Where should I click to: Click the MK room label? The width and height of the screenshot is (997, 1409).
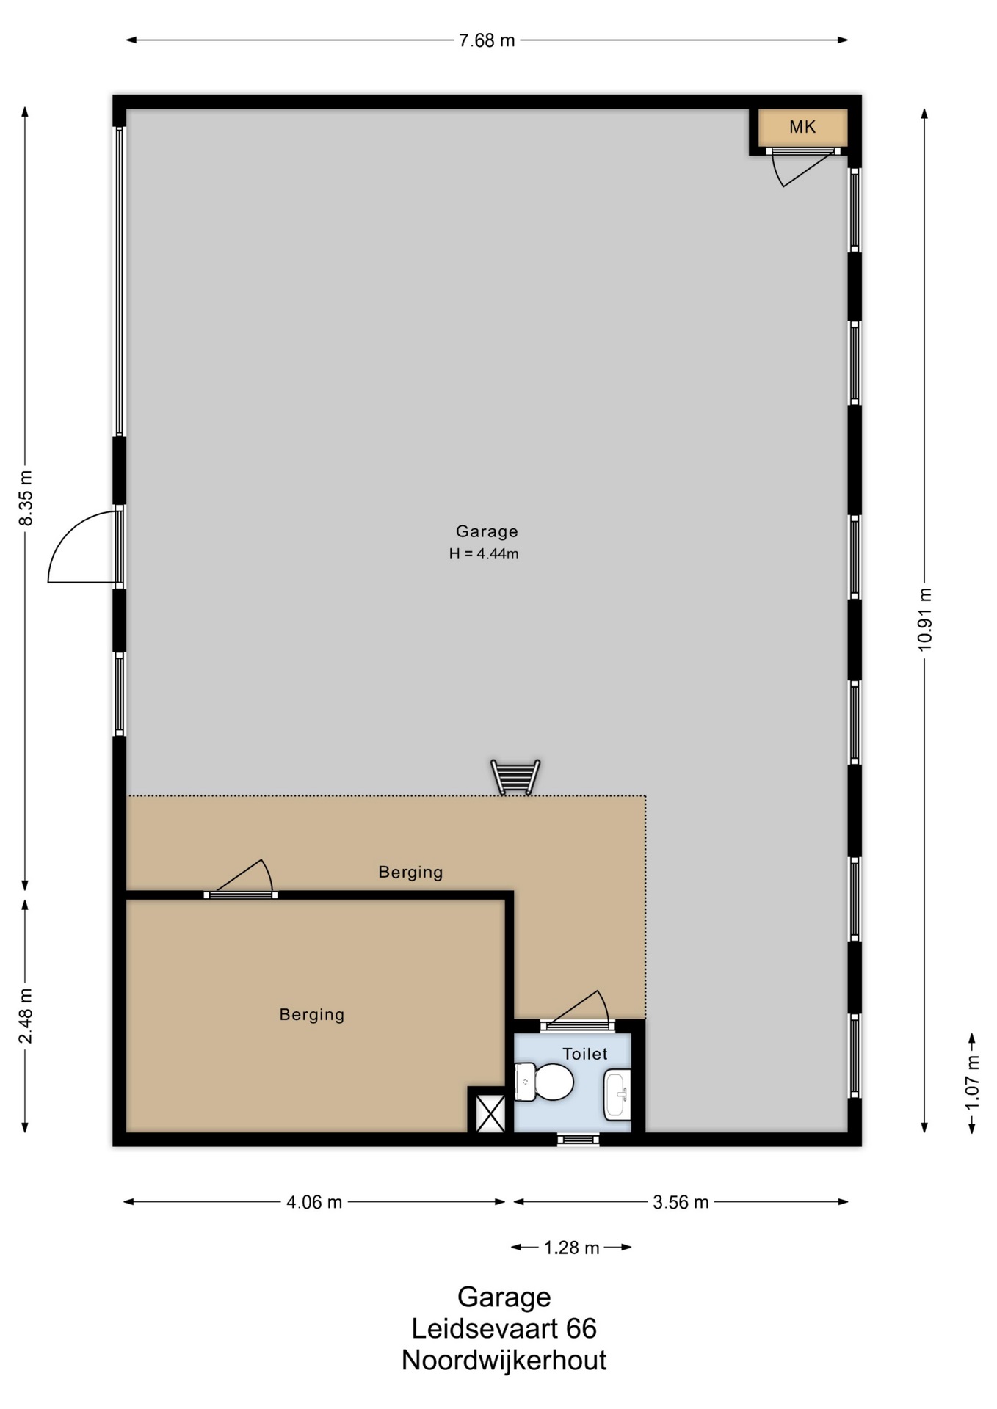(x=802, y=127)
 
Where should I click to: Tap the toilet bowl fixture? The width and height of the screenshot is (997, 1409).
(x=544, y=1082)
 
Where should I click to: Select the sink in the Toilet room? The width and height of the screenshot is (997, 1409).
(x=617, y=1094)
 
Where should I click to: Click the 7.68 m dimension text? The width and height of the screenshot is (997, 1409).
(x=487, y=40)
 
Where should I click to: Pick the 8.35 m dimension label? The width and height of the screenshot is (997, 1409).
(x=26, y=498)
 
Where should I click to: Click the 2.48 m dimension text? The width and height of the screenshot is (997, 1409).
(x=26, y=1015)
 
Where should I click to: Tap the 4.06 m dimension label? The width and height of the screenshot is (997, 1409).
(x=314, y=1202)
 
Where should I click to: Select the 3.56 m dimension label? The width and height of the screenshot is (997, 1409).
(x=681, y=1202)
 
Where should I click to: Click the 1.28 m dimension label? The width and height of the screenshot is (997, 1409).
(x=571, y=1248)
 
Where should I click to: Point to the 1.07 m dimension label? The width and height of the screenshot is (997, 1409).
(x=972, y=1082)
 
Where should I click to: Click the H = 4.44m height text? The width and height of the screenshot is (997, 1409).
(x=484, y=554)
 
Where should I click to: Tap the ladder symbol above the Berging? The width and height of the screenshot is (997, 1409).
(x=515, y=777)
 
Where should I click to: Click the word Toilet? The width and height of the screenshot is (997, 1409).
(x=585, y=1054)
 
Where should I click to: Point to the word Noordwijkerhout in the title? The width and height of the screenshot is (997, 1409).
(x=504, y=1361)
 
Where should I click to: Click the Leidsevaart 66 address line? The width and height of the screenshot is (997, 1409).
(x=504, y=1328)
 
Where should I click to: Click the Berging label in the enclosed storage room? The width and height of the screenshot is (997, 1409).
(x=311, y=1014)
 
